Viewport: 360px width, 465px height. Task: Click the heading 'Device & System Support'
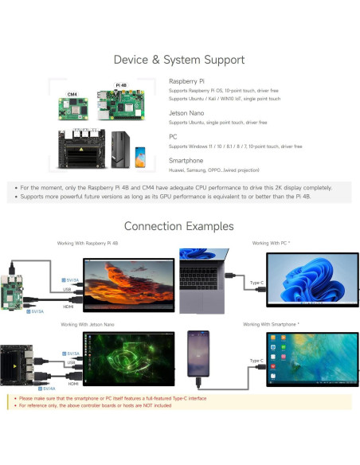pos(178,59)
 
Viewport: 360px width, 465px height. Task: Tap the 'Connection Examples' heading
pos(178,226)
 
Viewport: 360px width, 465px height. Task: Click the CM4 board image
pos(72,107)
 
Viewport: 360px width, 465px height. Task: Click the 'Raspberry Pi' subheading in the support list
pos(186,81)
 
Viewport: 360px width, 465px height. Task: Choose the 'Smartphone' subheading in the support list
pos(186,160)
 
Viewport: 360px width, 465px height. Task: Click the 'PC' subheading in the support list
pos(173,136)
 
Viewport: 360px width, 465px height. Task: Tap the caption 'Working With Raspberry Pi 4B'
pos(88,242)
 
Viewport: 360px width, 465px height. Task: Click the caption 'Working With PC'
pos(270,242)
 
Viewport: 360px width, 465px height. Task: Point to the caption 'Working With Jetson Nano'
pos(87,324)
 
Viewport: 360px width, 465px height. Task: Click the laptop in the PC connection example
pos(205,279)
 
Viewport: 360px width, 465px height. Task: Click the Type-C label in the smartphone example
pos(256,361)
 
